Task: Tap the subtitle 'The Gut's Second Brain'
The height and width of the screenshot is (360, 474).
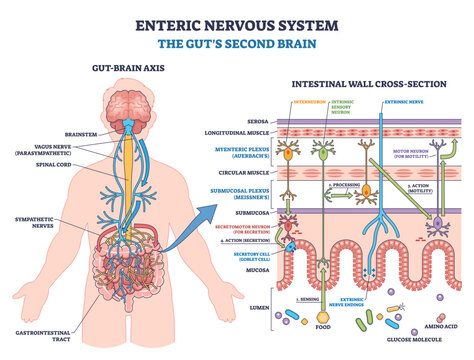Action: coord(237,44)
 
